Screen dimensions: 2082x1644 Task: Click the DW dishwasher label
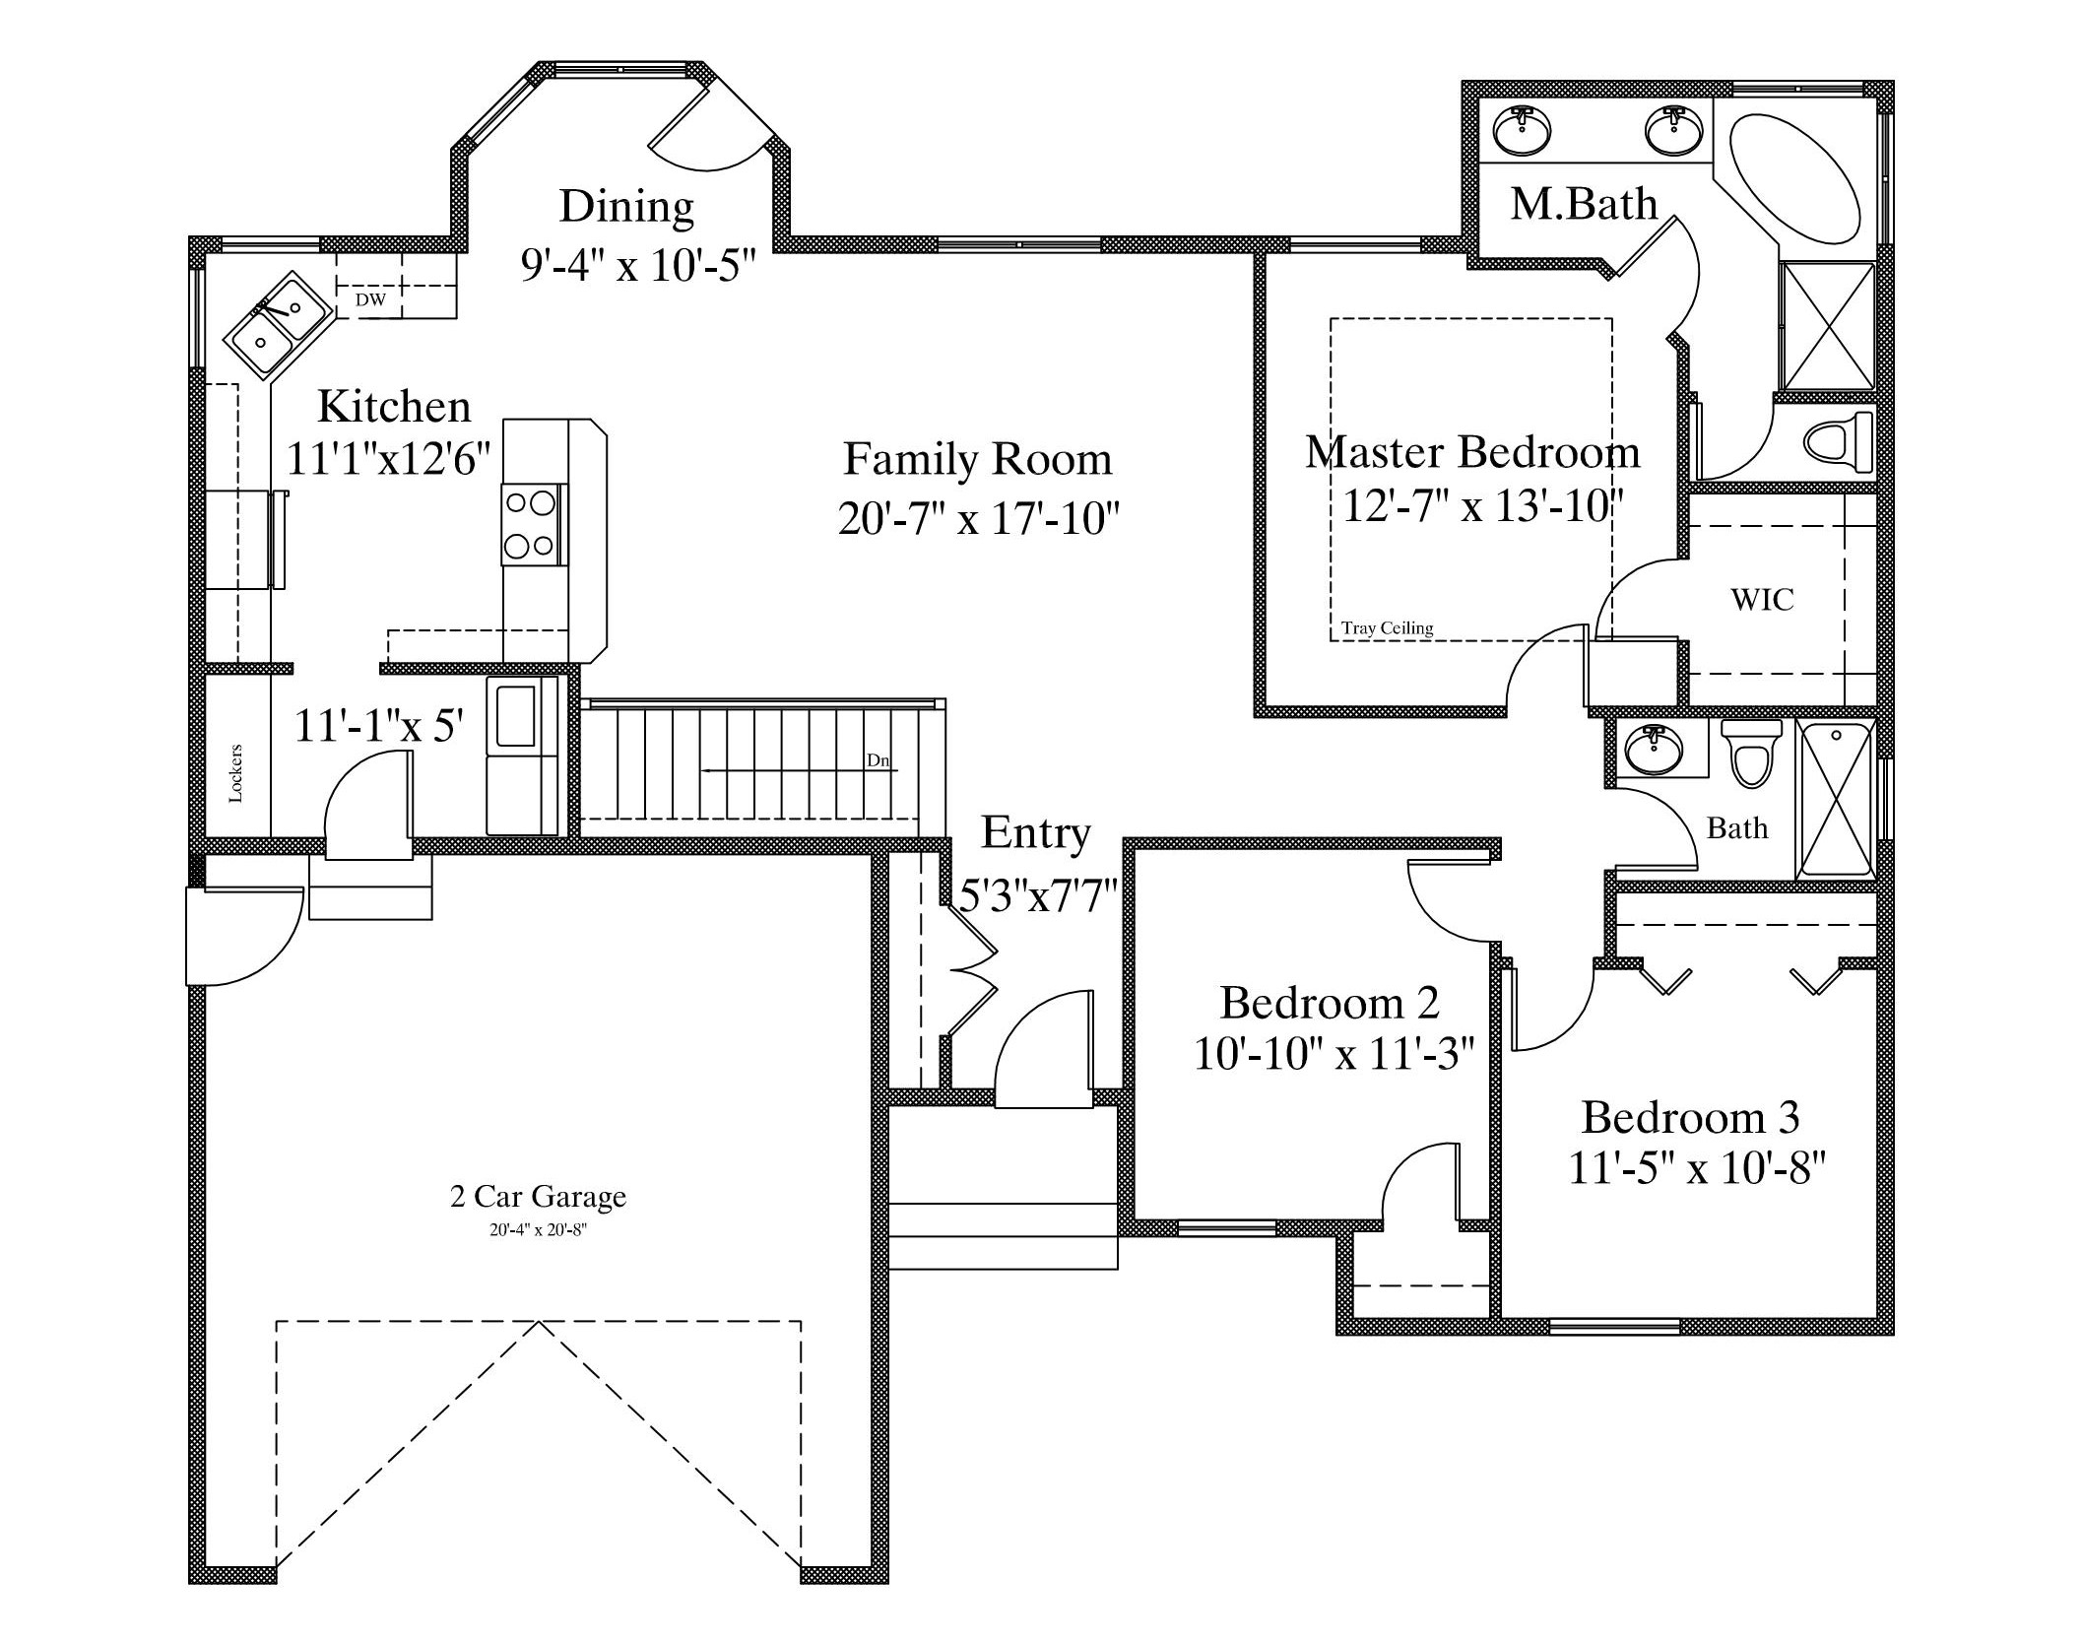pyautogui.click(x=370, y=300)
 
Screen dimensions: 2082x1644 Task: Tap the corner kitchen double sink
pyautogui.click(x=277, y=324)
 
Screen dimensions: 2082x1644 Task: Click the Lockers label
pyautogui.click(x=235, y=773)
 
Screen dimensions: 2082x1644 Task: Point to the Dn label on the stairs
pyautogui.click(x=877, y=760)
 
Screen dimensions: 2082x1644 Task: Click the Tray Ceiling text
pyautogui.click(x=1387, y=628)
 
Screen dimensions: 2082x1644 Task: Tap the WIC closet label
pyautogui.click(x=1762, y=599)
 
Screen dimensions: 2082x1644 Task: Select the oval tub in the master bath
pyautogui.click(x=1794, y=179)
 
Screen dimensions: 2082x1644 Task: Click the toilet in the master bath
pyautogui.click(x=1838, y=442)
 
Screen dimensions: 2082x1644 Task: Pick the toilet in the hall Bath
pyautogui.click(x=1752, y=754)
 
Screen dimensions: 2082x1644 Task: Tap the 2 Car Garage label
pyautogui.click(x=538, y=1196)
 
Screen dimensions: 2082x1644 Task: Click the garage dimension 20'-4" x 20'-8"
pyautogui.click(x=538, y=1230)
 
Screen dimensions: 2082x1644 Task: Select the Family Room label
pyautogui.click(x=978, y=459)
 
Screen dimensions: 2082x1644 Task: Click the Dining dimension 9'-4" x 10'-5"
pyautogui.click(x=638, y=265)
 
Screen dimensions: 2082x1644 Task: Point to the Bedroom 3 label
pyautogui.click(x=1691, y=1118)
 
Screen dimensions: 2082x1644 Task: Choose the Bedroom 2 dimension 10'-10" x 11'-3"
pyautogui.click(x=1334, y=1054)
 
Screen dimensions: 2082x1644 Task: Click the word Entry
pyautogui.click(x=1035, y=833)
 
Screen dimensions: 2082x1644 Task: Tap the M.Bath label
pyautogui.click(x=1585, y=204)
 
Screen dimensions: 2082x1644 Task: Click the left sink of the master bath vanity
pyautogui.click(x=1523, y=131)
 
